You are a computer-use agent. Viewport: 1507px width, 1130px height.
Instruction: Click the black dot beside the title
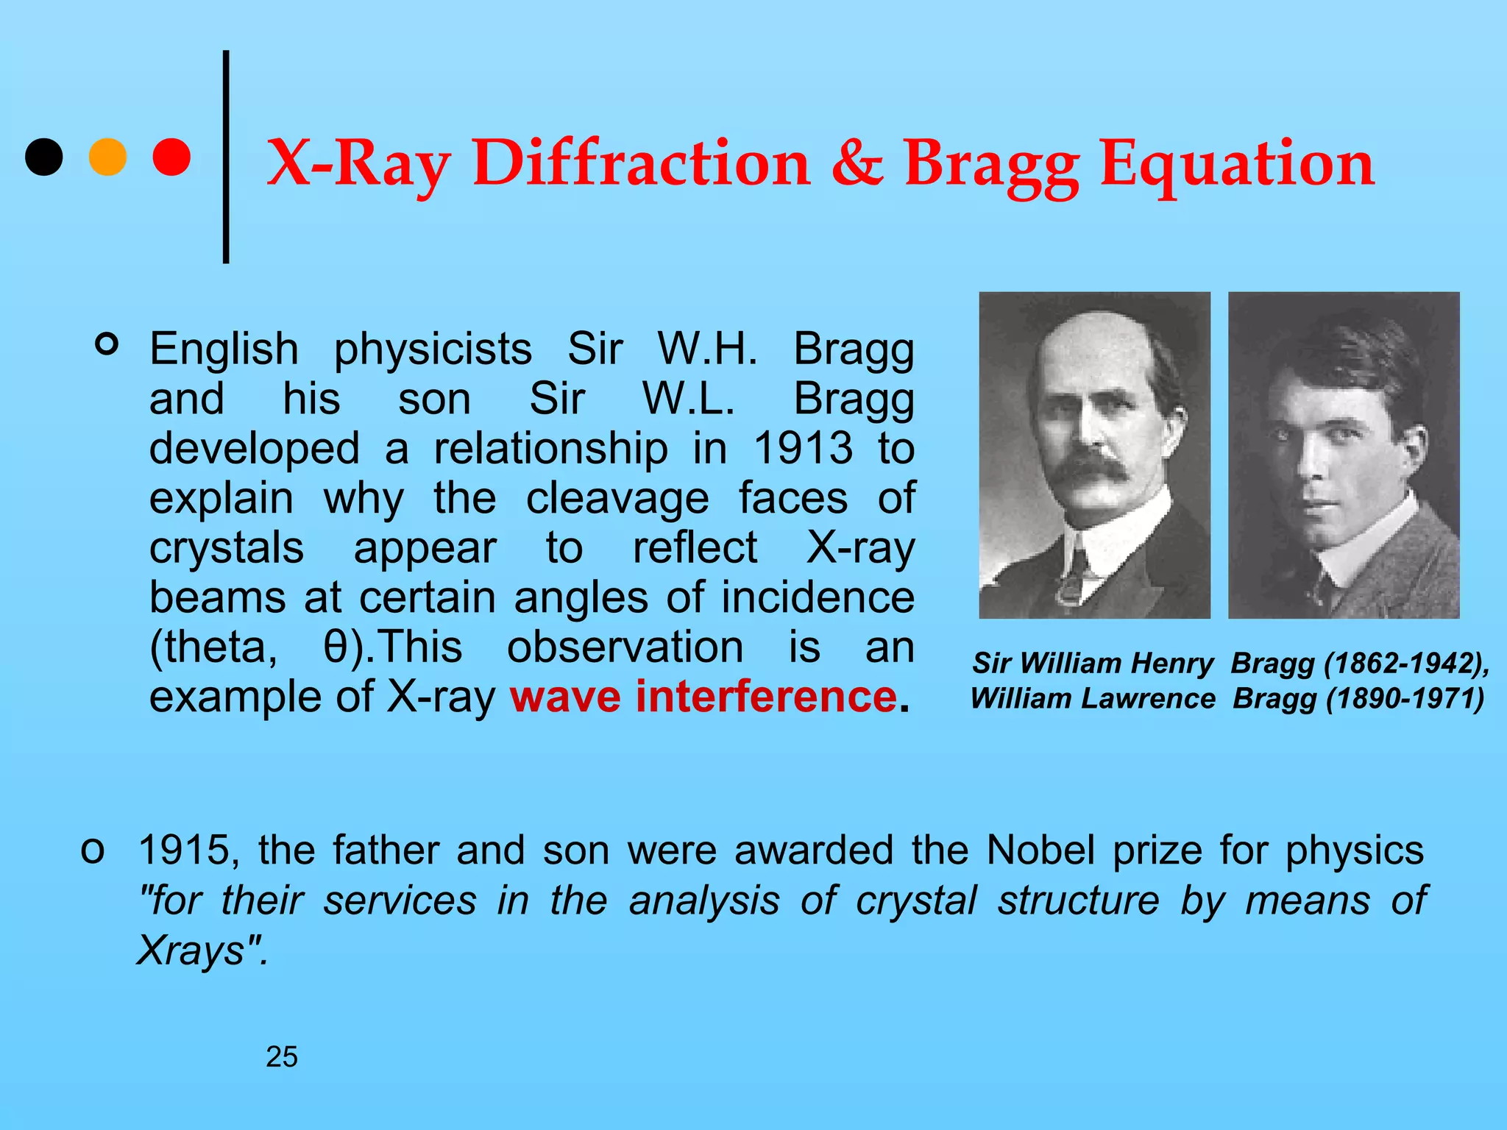click(43, 157)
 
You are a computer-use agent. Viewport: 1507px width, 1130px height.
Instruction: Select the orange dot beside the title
click(107, 157)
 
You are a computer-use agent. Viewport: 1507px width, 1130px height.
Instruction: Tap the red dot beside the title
click(171, 157)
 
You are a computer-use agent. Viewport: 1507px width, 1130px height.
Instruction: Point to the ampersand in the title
click(857, 163)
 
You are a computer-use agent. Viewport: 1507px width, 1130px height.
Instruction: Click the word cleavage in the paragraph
click(617, 498)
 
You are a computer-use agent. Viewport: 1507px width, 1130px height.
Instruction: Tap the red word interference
click(766, 696)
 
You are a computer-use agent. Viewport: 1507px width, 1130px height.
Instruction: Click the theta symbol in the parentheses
click(336, 647)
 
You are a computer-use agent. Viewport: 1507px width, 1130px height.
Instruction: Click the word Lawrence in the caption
click(1157, 699)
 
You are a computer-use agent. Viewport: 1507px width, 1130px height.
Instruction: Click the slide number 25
click(282, 1057)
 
